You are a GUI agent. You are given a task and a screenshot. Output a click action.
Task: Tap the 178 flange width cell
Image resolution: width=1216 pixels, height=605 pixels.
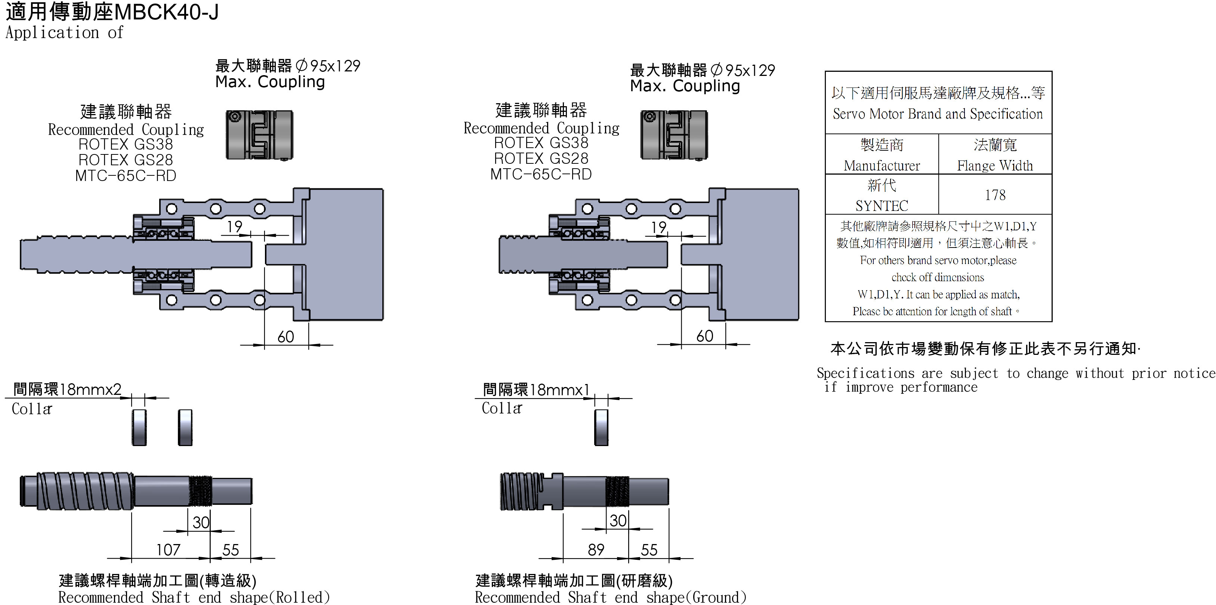click(x=995, y=194)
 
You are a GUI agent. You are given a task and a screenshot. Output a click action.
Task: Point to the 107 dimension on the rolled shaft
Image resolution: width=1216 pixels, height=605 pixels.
click(x=168, y=549)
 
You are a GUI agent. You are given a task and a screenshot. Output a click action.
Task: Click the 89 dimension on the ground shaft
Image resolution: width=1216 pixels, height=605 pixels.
click(x=596, y=549)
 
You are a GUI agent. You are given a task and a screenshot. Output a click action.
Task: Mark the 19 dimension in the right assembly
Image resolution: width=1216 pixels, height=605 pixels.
click(x=658, y=228)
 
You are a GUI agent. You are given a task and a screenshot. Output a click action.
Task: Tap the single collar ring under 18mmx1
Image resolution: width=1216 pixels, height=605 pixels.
click(x=601, y=427)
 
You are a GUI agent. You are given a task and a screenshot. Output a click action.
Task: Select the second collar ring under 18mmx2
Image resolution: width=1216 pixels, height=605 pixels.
click(x=185, y=427)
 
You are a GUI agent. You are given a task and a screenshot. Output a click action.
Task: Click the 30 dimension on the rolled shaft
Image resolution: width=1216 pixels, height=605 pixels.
click(x=201, y=522)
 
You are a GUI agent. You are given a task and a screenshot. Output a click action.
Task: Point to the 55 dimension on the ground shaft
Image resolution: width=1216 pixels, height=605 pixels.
click(x=649, y=550)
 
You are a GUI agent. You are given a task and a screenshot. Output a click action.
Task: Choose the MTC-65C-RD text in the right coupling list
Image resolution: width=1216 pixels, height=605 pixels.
click(x=541, y=174)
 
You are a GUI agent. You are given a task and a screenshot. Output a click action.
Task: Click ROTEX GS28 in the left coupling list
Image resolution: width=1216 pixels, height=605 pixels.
click(x=126, y=160)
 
